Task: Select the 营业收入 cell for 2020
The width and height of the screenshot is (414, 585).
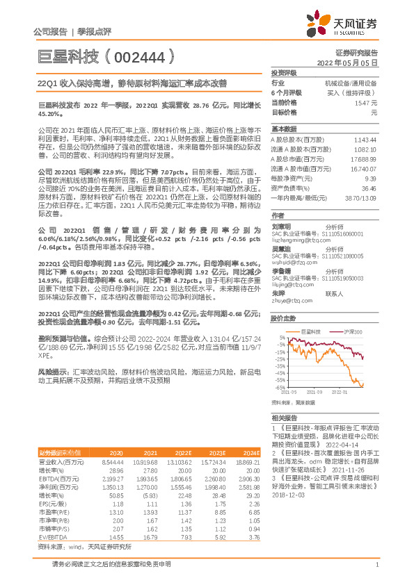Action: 113,461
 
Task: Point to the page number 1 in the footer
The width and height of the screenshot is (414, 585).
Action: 376,564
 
